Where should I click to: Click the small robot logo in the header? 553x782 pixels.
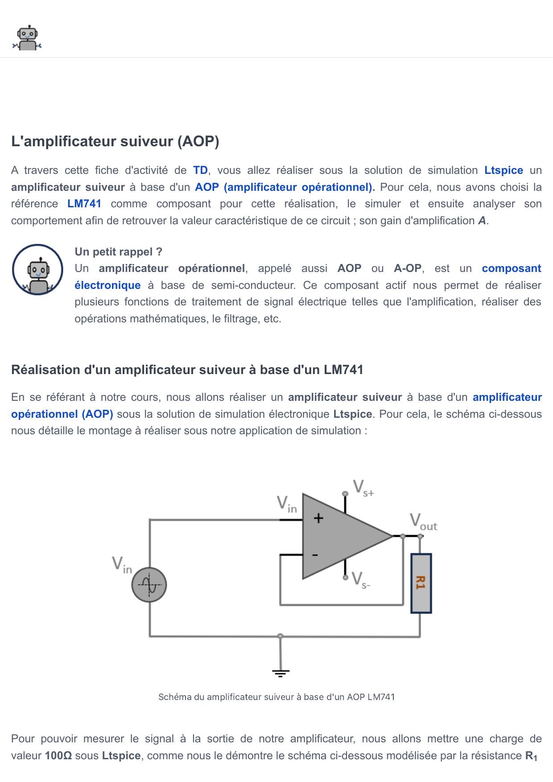(27, 38)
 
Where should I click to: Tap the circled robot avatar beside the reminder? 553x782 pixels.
(37, 270)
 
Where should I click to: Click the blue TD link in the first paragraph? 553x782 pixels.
(200, 170)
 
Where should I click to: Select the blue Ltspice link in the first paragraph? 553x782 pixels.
(503, 170)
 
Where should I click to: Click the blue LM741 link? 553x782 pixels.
(84, 204)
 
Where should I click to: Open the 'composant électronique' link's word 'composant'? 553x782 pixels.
(511, 268)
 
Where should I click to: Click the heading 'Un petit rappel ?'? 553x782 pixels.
(118, 252)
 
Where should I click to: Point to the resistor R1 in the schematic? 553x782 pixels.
(421, 583)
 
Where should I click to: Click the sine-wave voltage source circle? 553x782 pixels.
(149, 585)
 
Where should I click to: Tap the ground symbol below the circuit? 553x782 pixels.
(281, 673)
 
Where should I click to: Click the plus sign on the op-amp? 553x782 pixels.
(318, 518)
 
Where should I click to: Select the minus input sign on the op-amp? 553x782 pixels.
(315, 555)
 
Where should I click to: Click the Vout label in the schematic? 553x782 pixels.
(423, 522)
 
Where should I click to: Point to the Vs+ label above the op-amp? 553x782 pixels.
(363, 488)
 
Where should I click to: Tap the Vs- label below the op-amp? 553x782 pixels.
(360, 580)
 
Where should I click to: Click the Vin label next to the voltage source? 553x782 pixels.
(122, 564)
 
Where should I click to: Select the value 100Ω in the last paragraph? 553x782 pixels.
(58, 756)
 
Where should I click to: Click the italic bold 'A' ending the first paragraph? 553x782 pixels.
(482, 221)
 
